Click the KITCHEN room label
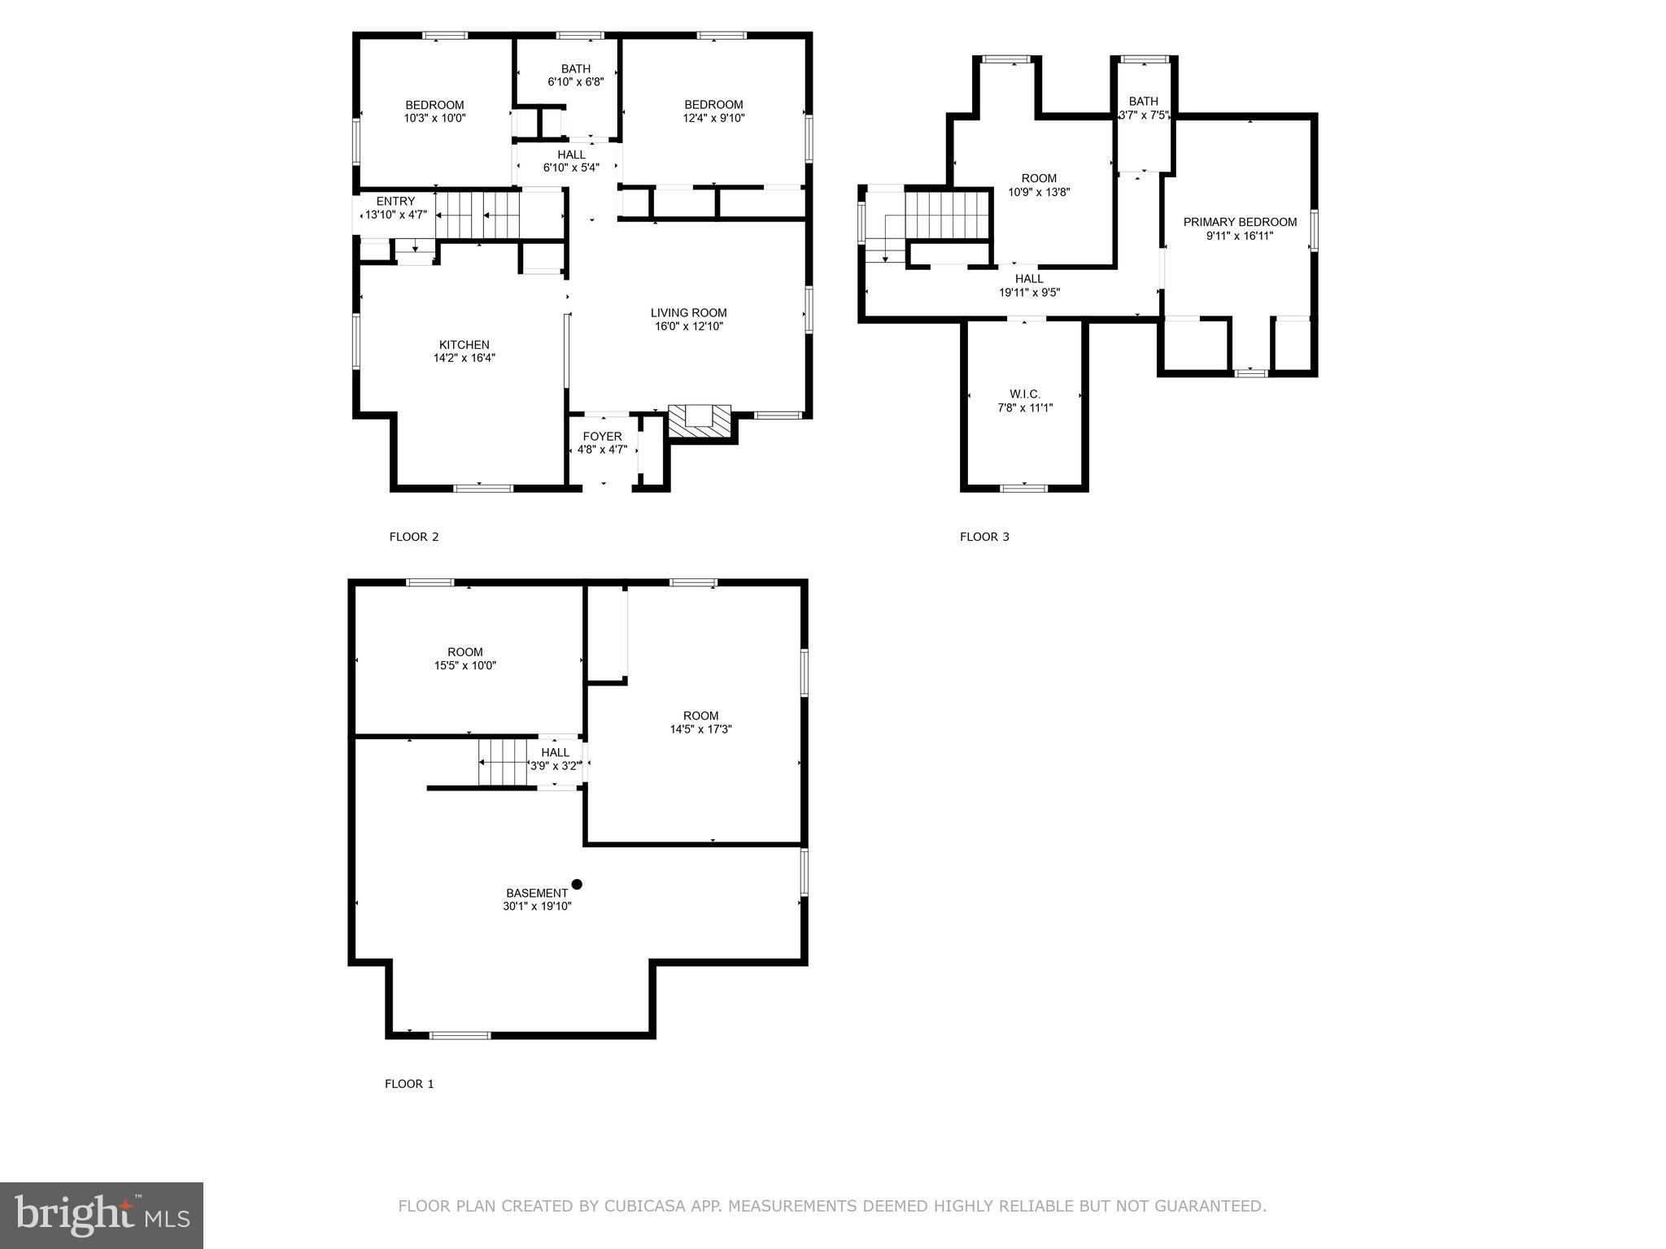(464, 345)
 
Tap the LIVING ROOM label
(688, 313)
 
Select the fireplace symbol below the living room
(699, 420)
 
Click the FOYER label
(602, 437)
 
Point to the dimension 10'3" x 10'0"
(434, 118)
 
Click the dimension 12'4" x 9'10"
(713, 118)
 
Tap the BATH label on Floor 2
(575, 69)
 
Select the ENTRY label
(395, 202)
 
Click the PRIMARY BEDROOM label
(1239, 222)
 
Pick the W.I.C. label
(1024, 394)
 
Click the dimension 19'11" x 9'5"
(1029, 293)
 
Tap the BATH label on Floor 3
(1143, 102)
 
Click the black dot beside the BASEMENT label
(577, 884)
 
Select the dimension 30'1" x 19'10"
(537, 907)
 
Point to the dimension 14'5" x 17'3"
(700, 729)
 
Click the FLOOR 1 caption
(409, 1084)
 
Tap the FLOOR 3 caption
(984, 537)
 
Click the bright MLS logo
(102, 1216)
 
